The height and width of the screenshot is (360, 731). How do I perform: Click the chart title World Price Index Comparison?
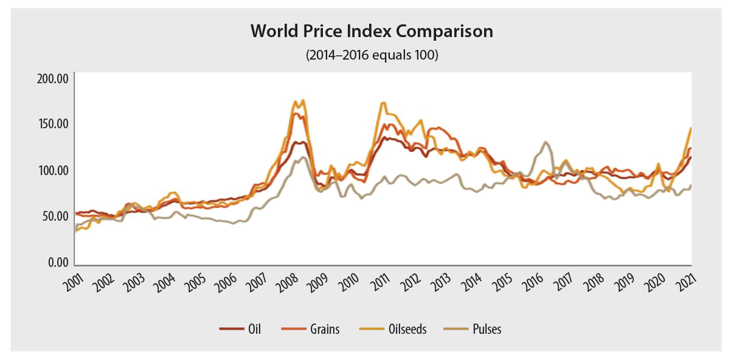point(372,32)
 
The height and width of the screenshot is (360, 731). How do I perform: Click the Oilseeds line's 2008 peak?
point(302,100)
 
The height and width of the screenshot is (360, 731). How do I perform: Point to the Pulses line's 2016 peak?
point(546,142)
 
